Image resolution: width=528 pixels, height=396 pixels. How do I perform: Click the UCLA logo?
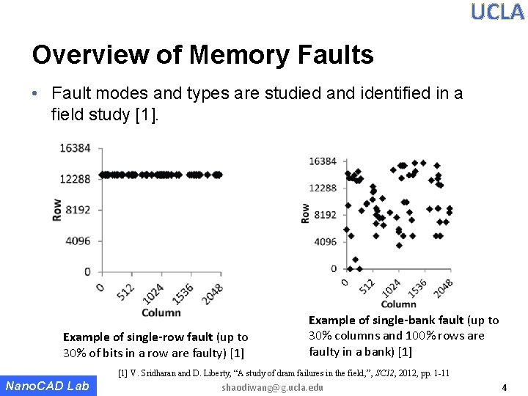497,12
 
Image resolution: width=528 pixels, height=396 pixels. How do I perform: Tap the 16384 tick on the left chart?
76,148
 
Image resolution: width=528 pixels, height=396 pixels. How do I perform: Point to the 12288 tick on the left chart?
76,179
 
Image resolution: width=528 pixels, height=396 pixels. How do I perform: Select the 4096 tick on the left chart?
78,241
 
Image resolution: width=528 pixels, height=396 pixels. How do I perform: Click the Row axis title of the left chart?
57,210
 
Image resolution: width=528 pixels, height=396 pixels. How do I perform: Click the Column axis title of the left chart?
161,312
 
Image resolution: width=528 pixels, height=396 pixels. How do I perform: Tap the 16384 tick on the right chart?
323,161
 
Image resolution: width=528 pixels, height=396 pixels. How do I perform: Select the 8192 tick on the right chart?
325,215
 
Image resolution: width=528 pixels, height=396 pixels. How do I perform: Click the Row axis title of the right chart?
305,213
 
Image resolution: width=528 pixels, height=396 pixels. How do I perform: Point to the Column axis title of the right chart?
398,304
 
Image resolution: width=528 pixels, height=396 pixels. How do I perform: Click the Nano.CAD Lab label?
47,386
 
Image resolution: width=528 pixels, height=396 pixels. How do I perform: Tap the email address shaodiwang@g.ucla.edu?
272,387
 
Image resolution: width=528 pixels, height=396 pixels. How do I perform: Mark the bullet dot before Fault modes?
36,94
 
